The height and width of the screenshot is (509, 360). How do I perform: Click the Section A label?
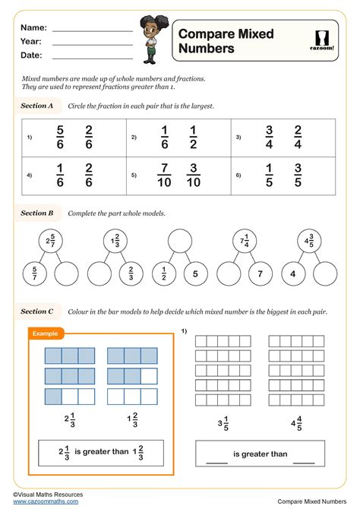tap(37, 106)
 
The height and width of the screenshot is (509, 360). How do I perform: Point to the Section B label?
tap(37, 213)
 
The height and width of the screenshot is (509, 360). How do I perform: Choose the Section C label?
tap(37, 311)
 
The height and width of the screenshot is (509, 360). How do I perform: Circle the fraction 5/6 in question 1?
tap(61, 138)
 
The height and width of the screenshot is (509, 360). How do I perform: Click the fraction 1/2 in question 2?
tap(193, 138)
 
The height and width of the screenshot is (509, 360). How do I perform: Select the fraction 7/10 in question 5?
tap(165, 175)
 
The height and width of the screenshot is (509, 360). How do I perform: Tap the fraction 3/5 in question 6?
tap(298, 175)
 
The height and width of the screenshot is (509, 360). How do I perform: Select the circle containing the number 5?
tap(194, 273)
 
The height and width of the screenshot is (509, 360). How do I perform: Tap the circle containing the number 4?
tap(292, 273)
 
